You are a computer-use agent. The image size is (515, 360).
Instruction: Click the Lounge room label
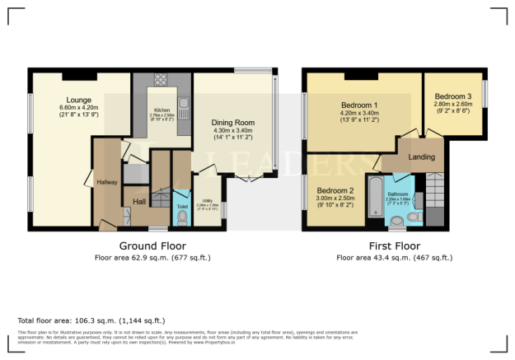(74, 100)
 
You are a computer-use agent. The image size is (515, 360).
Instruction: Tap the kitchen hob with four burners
(160, 80)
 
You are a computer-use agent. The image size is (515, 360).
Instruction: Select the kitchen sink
(184, 105)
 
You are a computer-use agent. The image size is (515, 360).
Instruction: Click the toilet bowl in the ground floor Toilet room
(182, 218)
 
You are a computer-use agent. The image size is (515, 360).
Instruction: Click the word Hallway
(107, 182)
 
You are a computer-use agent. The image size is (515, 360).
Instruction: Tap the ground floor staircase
(162, 197)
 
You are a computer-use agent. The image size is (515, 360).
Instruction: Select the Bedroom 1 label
(359, 105)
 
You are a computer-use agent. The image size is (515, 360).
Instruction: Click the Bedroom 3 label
(453, 96)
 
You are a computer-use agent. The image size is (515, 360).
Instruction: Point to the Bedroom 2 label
(336, 189)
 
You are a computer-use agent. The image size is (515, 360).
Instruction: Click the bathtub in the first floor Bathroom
(375, 196)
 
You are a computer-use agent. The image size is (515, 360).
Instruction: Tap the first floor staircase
(434, 196)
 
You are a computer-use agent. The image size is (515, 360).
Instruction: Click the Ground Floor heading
(152, 245)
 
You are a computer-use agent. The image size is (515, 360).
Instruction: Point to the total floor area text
(91, 320)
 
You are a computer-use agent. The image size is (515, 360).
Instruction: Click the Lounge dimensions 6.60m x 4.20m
(79, 107)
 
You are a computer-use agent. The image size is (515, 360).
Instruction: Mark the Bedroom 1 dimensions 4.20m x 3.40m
(359, 113)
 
